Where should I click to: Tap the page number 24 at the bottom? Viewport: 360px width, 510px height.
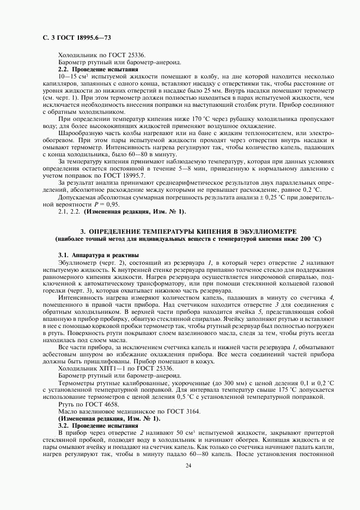[x=188, y=465]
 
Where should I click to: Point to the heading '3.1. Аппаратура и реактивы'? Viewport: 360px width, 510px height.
[x=91, y=255]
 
